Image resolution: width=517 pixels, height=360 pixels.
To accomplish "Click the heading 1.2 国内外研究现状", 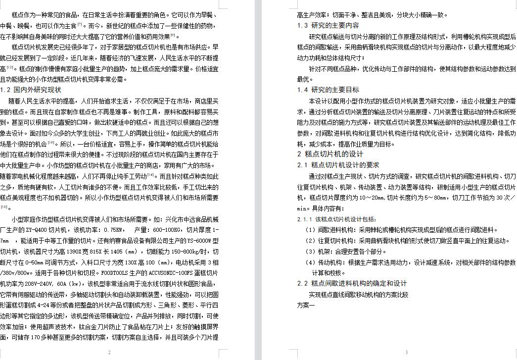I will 31,90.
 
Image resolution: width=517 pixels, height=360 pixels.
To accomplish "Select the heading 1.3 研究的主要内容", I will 328,25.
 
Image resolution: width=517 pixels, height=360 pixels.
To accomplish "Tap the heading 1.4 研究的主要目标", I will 328,90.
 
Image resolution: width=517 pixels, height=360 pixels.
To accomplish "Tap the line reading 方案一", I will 306,305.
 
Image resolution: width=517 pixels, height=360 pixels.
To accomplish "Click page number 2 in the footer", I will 109,353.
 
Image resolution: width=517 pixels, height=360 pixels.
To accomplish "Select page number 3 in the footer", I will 406,353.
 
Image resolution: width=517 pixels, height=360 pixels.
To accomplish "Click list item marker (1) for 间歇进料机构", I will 310,230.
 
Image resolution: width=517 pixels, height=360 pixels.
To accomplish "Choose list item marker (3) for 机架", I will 310,251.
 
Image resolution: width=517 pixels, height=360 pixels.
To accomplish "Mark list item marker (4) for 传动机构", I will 310,262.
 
